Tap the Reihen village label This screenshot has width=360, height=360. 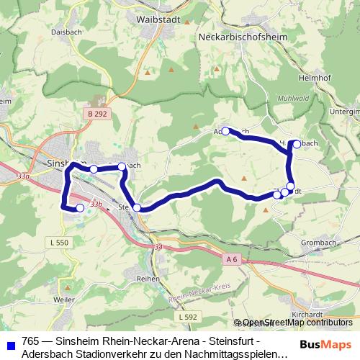point(148,277)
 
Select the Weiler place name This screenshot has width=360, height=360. point(63,298)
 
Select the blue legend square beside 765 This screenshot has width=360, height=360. point(10,343)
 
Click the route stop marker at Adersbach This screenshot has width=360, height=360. point(225,131)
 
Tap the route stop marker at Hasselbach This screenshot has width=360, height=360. point(296,143)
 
